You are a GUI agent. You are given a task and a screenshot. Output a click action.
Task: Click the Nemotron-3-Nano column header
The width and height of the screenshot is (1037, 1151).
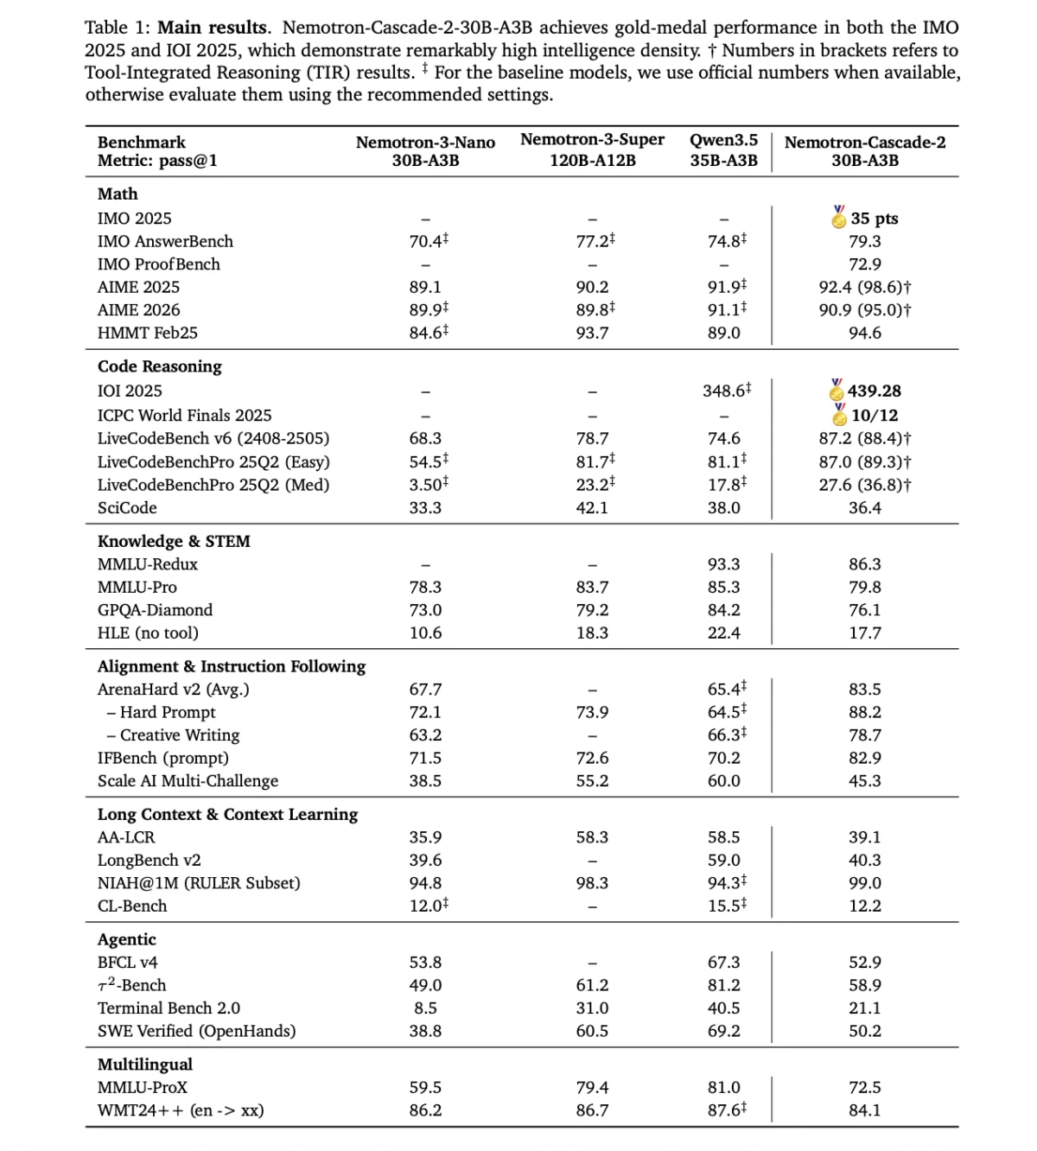[425, 151]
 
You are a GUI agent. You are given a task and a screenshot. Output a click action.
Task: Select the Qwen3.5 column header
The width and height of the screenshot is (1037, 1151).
[723, 149]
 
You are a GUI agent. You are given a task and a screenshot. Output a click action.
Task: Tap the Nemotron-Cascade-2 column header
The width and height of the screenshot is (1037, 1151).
[864, 151]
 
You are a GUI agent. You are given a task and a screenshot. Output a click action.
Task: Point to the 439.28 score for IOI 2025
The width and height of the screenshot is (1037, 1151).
[875, 391]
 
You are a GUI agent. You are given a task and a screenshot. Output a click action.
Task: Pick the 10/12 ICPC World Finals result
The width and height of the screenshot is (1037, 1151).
[875, 416]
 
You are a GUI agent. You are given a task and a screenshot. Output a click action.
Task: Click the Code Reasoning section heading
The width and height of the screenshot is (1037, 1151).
[159, 366]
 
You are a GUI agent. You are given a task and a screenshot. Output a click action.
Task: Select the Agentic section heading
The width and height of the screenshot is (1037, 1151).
[126, 939]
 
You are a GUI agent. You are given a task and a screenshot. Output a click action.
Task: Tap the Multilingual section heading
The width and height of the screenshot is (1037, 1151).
[144, 1065]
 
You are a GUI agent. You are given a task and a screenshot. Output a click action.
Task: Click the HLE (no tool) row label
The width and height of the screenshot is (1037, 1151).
[148, 633]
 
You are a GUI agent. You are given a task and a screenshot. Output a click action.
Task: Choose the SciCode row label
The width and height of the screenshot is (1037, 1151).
[127, 508]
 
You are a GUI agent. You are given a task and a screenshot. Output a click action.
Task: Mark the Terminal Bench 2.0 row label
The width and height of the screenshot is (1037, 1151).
[169, 1008]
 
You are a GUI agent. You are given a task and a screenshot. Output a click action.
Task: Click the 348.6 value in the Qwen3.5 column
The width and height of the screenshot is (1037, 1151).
[723, 391]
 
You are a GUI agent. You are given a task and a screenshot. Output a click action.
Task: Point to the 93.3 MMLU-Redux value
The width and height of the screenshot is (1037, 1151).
[723, 564]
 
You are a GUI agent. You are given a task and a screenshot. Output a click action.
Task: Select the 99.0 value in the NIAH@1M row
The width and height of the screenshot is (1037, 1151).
[864, 883]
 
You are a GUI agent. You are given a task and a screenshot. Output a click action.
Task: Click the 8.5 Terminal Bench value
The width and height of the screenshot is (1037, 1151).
[425, 1008]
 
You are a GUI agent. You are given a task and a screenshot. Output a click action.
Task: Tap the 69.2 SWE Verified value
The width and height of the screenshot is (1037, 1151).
[723, 1031]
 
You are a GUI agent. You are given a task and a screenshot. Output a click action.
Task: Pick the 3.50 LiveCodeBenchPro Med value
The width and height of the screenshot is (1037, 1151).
[425, 485]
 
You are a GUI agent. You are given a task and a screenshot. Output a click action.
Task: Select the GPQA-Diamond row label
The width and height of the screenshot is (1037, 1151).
[155, 610]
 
